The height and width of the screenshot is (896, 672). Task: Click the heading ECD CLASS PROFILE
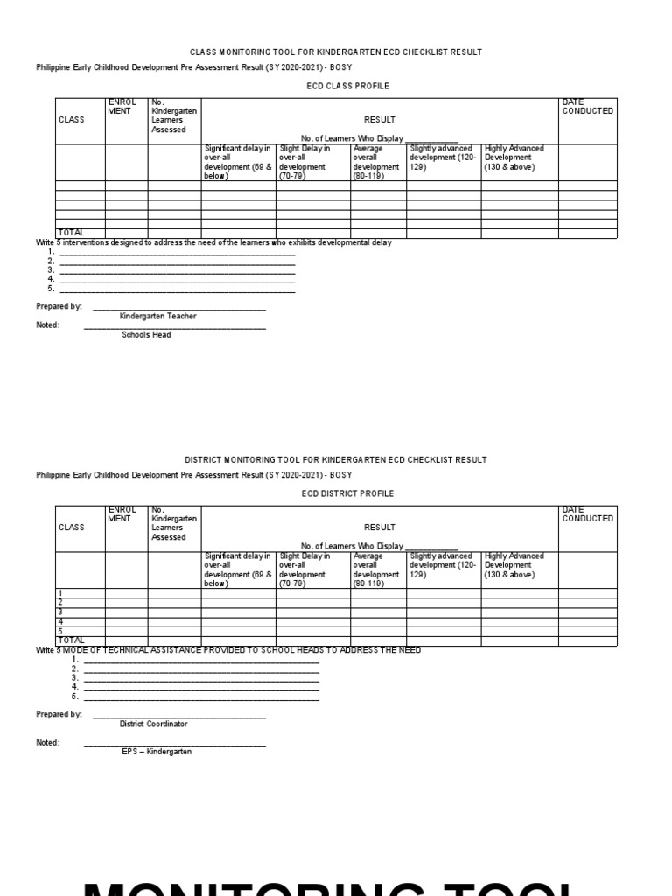pos(347,86)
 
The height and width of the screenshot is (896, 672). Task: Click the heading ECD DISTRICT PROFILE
pos(347,493)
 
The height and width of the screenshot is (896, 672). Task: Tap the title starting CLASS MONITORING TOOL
pos(336,52)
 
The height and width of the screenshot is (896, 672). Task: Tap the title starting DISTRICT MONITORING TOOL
pos(336,459)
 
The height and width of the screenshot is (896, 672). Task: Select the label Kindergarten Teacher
pos(157,316)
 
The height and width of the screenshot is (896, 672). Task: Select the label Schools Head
pos(146,334)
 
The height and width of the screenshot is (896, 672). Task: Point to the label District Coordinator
pos(153,724)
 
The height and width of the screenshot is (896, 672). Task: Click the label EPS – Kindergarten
pos(157,751)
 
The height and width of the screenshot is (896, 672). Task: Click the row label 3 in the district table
pos(60,612)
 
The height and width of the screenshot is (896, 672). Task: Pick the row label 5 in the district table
pos(60,631)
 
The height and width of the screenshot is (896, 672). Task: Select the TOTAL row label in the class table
pos(71,233)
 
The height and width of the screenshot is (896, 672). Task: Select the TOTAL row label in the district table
pos(71,640)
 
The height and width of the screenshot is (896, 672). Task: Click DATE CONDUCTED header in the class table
pos(587,107)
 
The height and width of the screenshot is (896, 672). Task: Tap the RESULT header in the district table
pos(379,528)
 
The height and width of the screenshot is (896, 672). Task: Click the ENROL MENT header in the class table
pos(122,107)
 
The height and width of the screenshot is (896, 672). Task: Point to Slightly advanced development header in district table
pos(443,565)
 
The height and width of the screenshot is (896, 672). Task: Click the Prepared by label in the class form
pos(59,307)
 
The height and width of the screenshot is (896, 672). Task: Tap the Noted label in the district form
pos(47,742)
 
